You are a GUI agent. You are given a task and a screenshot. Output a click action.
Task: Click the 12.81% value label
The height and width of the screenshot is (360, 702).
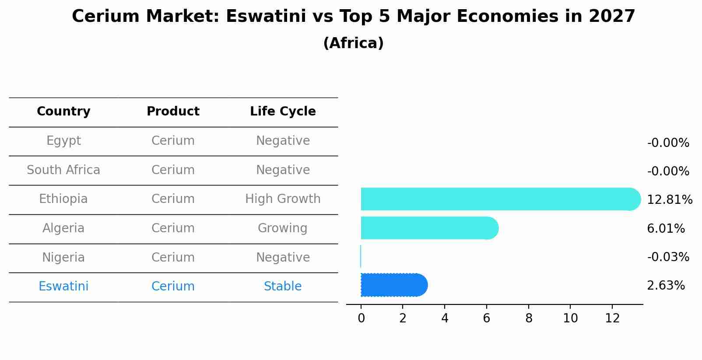click(669, 200)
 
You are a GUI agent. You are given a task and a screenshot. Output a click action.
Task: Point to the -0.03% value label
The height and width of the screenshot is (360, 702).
click(667, 257)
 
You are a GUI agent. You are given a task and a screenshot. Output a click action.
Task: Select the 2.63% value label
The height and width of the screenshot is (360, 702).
click(665, 286)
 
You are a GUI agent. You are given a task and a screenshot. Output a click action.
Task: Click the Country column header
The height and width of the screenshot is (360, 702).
click(63, 112)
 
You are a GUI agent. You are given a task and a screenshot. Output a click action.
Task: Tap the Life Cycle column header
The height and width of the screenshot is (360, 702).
click(283, 112)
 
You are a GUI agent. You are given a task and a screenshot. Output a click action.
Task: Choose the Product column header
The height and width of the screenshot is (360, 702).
click(173, 112)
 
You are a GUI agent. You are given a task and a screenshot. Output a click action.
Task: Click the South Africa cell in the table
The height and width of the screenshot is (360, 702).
click(63, 170)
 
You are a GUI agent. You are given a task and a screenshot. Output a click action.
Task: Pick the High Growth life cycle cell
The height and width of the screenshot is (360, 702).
click(283, 199)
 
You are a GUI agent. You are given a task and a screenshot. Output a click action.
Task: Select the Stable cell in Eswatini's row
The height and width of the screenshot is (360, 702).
click(283, 287)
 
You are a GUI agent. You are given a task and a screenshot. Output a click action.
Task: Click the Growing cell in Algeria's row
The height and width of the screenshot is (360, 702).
click(283, 228)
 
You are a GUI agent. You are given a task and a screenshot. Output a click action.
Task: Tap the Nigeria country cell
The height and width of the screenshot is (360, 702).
click(63, 258)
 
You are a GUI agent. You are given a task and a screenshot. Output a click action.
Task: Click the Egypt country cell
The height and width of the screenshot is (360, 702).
click(63, 141)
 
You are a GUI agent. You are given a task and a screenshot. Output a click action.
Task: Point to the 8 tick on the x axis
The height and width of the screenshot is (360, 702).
click(529, 318)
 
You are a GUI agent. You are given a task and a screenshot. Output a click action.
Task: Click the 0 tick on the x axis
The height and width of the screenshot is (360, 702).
click(361, 318)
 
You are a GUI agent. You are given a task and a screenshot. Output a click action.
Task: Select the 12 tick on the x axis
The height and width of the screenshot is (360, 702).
click(612, 318)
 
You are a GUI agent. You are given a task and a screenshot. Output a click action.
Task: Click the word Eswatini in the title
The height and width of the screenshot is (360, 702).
click(266, 17)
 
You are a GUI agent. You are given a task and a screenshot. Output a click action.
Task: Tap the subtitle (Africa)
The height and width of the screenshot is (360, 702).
click(353, 43)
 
